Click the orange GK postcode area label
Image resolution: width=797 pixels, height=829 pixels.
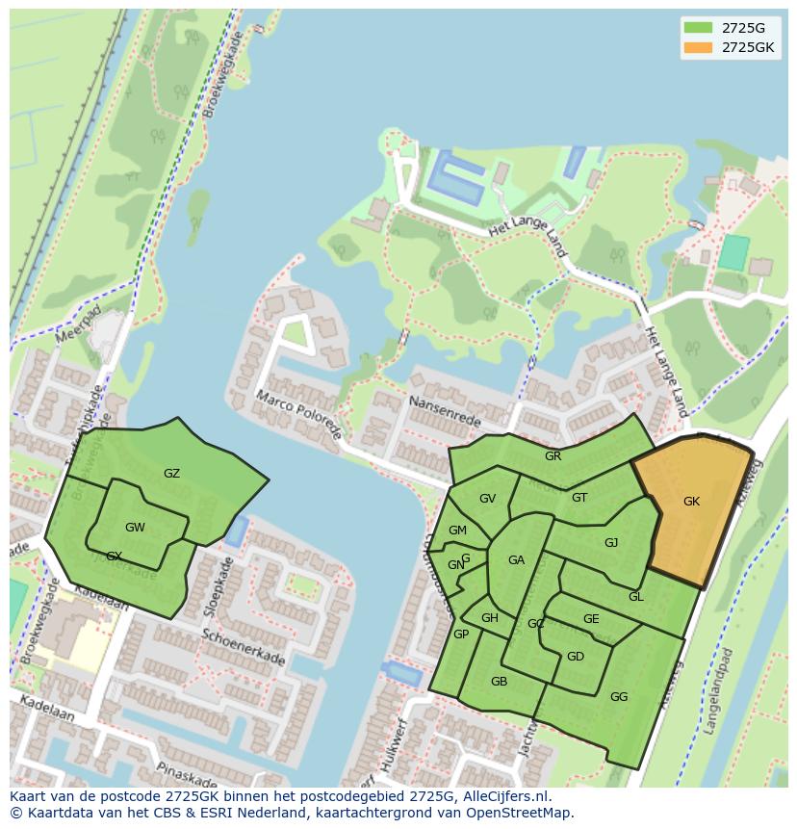click(x=691, y=502)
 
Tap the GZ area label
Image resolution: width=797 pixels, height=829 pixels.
click(x=171, y=474)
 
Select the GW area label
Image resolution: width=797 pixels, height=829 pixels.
click(x=135, y=528)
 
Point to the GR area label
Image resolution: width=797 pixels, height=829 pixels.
click(x=553, y=456)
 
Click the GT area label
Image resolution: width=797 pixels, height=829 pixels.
click(x=579, y=498)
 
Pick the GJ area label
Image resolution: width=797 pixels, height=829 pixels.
click(x=611, y=543)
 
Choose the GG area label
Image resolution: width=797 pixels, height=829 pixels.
click(x=619, y=697)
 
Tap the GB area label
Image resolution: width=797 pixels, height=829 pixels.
click(x=499, y=682)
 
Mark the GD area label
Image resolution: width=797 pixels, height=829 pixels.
click(x=575, y=657)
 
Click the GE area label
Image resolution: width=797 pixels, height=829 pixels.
click(x=591, y=619)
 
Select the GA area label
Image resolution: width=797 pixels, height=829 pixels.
click(x=516, y=560)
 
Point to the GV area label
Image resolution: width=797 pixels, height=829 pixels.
click(x=487, y=499)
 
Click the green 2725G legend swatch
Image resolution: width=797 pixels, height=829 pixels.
click(x=698, y=27)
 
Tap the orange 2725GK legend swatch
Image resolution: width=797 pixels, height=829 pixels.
click(x=698, y=47)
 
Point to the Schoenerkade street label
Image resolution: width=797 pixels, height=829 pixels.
click(x=244, y=648)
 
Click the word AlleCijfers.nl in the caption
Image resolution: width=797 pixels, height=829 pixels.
click(x=506, y=796)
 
